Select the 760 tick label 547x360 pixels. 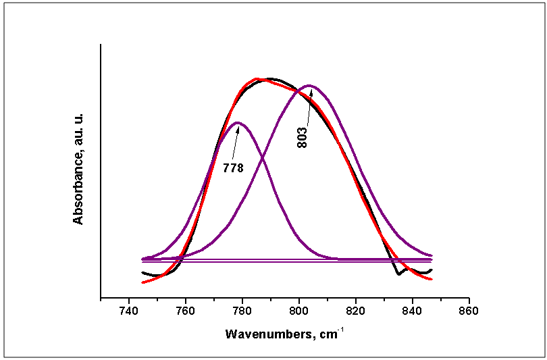pyautogui.click(x=185, y=311)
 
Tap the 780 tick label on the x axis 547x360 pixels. pyautogui.click(x=242, y=311)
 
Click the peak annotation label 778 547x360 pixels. pyautogui.click(x=233, y=168)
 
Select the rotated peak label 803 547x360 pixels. pyautogui.click(x=303, y=137)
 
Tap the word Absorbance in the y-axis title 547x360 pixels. pyautogui.click(x=78, y=184)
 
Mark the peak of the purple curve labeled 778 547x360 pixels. pyautogui.click(x=238, y=122)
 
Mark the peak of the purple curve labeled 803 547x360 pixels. pyautogui.click(x=309, y=86)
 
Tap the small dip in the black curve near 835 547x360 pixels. pyautogui.click(x=398, y=274)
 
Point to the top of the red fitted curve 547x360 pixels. pyautogui.click(x=257, y=79)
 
